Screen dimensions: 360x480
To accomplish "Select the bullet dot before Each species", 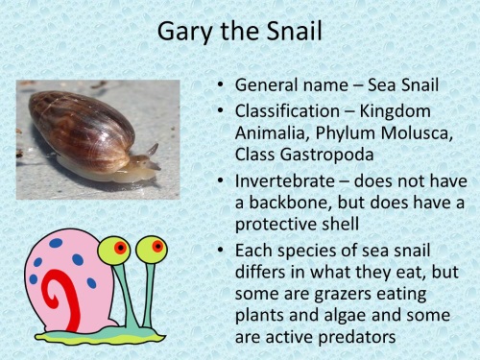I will pyautogui.click(x=222, y=251).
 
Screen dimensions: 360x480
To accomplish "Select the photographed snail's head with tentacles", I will pyautogui.click(x=145, y=161).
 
